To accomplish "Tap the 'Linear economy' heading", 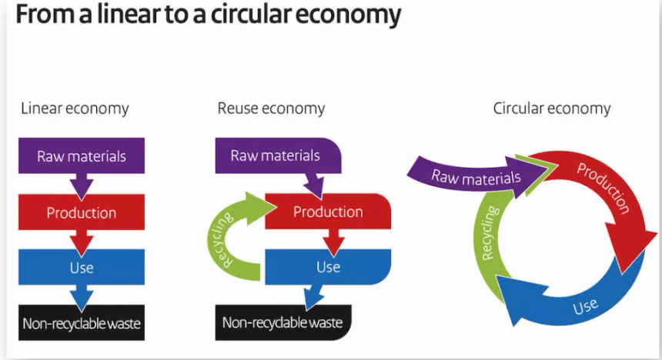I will [75, 108].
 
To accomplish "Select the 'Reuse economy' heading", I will [271, 108].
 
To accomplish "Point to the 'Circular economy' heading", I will [551, 108].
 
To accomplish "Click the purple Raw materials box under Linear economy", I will [81, 156].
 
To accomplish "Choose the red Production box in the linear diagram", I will [81, 212].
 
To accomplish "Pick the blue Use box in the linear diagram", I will [81, 268].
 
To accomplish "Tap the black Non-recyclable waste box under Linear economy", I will [81, 323].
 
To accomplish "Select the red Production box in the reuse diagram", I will [328, 212].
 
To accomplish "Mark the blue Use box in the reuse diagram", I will [328, 267].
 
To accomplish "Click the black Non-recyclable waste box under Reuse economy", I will [282, 322].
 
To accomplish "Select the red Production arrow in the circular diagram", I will [608, 192].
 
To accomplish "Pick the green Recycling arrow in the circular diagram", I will [491, 231].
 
